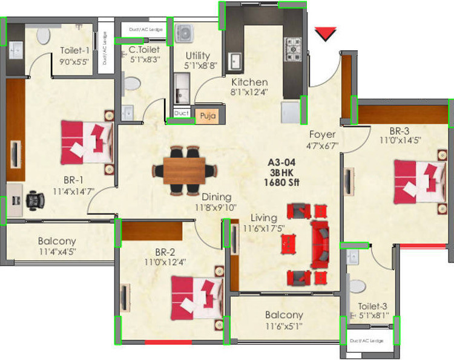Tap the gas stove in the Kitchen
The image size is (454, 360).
(295, 46)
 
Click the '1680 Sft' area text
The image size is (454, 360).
(283, 183)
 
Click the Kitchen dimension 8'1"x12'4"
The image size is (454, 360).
(249, 93)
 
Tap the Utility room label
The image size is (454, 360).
(197, 56)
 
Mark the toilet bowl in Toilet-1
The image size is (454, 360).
(44, 36)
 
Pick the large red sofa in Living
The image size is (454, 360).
(320, 244)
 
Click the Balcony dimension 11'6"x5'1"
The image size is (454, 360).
(284, 327)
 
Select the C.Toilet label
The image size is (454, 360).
(144, 50)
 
